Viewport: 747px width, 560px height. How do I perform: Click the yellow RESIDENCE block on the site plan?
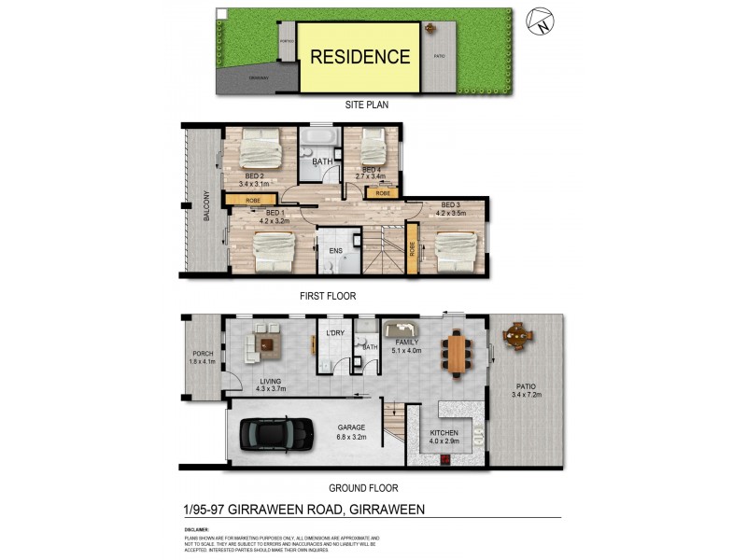tap(359, 57)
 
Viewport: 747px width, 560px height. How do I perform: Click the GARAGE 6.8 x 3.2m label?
tap(351, 432)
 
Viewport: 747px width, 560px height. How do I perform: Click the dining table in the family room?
tap(456, 353)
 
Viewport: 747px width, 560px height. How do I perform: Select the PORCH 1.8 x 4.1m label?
tap(203, 357)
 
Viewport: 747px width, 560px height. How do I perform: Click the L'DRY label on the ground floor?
tap(335, 333)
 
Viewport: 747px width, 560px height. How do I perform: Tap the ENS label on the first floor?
tap(335, 250)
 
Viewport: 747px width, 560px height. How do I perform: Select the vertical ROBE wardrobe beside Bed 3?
tap(412, 249)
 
